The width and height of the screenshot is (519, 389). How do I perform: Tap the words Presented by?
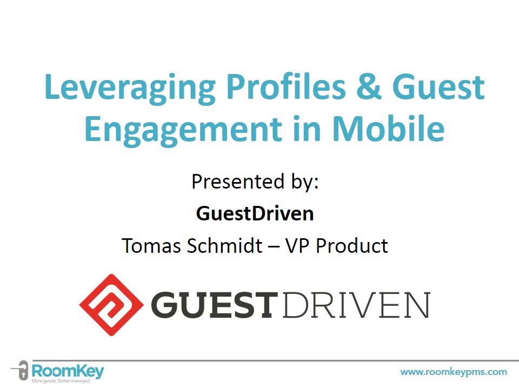point(255,182)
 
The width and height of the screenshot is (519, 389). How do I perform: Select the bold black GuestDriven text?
point(255,214)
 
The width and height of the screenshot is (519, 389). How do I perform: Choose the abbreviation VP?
point(297,246)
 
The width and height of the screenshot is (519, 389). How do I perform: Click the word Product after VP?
point(351,246)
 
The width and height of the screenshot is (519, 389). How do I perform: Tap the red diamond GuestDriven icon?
point(111,304)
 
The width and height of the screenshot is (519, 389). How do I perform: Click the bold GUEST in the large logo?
point(215,305)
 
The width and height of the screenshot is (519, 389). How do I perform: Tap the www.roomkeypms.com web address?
point(453,372)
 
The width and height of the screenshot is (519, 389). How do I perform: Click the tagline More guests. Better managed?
point(61,381)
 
